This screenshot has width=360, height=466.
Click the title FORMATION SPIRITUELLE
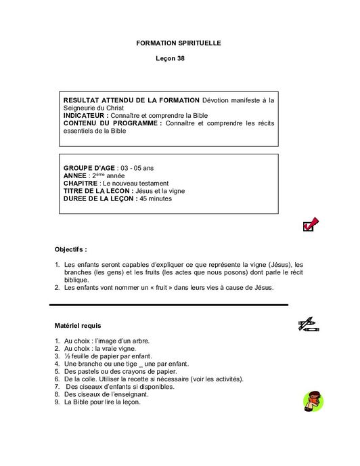[x=179, y=43]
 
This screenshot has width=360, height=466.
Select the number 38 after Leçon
[x=181, y=59]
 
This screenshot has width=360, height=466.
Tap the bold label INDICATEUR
[x=86, y=116]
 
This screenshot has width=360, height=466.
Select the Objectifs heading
[x=71, y=249]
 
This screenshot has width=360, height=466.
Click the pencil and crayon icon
[x=309, y=324]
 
